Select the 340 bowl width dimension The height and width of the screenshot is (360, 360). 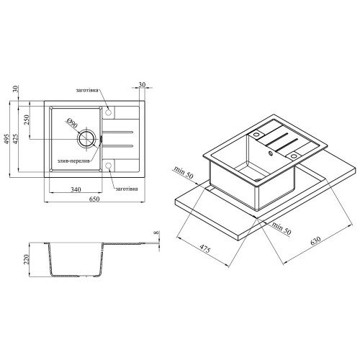(76, 189)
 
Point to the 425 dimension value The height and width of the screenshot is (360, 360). (17, 139)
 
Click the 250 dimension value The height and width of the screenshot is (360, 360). (27, 120)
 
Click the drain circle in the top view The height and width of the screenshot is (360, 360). (86, 139)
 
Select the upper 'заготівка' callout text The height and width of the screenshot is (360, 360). (87, 91)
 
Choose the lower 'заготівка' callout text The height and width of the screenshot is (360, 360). (127, 189)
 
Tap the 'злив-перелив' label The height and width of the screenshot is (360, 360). (73, 161)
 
